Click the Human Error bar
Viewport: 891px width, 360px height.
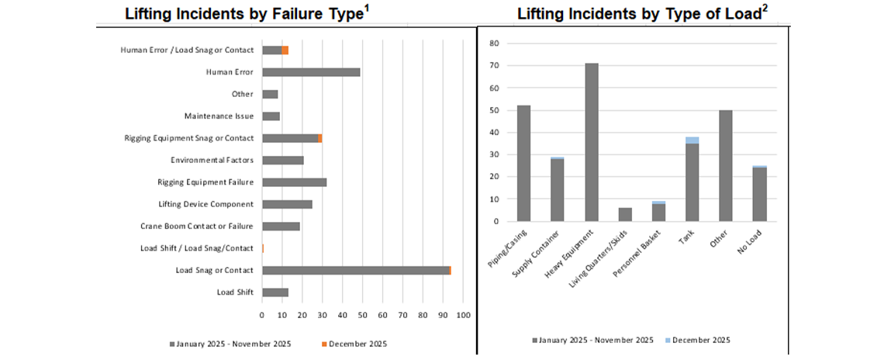311,72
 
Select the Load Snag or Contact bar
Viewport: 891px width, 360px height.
356,270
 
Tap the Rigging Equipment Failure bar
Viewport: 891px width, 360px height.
294,182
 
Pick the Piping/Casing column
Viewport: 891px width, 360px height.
523,163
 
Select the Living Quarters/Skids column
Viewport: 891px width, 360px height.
625,214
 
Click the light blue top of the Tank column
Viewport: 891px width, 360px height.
692,140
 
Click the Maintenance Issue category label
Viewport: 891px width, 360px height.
219,116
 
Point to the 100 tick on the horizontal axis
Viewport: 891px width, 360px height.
463,315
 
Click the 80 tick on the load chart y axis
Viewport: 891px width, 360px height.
493,43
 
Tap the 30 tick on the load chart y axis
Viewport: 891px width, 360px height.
493,154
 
